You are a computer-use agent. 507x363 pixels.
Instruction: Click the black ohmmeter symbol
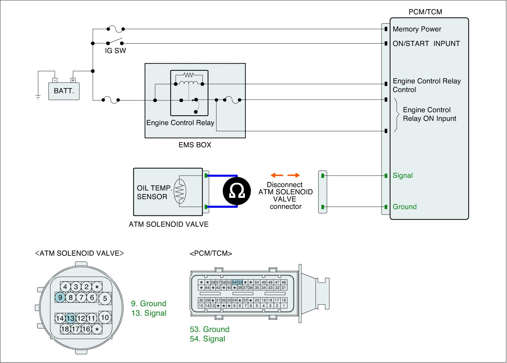click(236, 191)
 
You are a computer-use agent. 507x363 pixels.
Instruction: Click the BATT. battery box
click(64, 91)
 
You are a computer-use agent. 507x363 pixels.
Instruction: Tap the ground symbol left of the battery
click(38, 97)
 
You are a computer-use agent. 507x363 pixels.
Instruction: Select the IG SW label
click(115, 50)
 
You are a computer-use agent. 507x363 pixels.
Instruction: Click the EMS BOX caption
click(195, 145)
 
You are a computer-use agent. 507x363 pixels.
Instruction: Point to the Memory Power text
click(417, 29)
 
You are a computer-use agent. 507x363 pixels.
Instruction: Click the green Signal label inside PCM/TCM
click(403, 175)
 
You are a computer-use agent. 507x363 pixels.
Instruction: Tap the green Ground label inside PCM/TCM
click(404, 207)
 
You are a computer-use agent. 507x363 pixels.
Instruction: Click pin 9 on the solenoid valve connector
click(60, 298)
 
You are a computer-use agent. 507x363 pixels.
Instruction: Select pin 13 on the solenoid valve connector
click(70, 318)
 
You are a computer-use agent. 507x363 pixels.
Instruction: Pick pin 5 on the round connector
click(105, 298)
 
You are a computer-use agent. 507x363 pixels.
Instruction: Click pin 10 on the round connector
click(105, 317)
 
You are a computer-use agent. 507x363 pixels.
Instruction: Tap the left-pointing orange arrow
click(277, 175)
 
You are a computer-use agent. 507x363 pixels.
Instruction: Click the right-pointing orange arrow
click(293, 175)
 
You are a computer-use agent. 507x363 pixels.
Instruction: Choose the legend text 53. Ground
click(209, 329)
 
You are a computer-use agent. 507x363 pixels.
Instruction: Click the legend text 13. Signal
click(149, 313)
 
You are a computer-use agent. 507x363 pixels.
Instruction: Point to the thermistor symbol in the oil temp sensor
click(180, 191)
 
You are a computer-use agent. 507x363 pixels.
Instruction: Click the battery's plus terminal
click(73, 80)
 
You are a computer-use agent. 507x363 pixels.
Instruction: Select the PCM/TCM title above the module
click(425, 12)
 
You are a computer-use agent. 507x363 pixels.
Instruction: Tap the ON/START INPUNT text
click(426, 43)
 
